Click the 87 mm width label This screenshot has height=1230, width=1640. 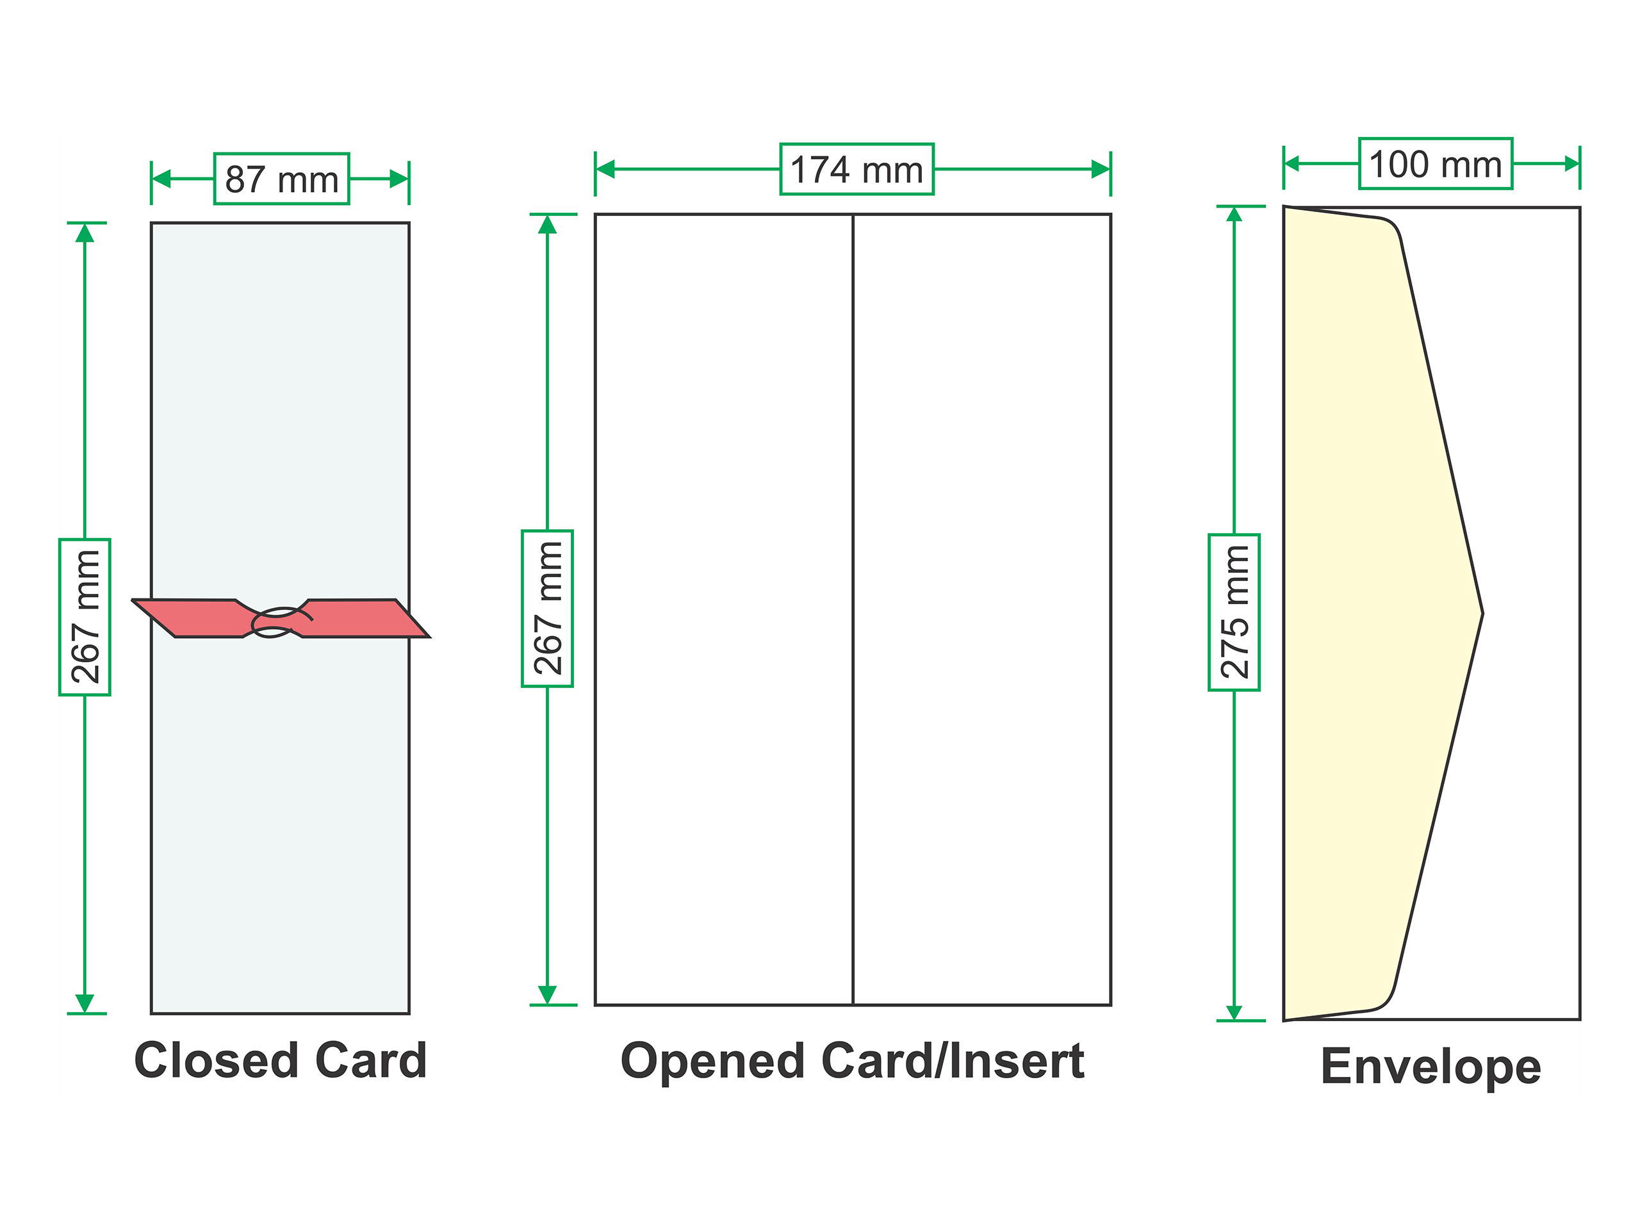pyautogui.click(x=282, y=179)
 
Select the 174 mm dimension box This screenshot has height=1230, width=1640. pyautogui.click(x=857, y=169)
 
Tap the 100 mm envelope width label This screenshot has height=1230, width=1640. pyautogui.click(x=1436, y=163)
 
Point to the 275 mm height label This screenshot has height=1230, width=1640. pyautogui.click(x=1234, y=612)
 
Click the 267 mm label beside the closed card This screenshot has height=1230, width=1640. pyautogui.click(x=85, y=617)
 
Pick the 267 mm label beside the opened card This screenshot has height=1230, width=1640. pyautogui.click(x=547, y=608)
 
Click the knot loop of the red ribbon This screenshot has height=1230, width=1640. pyautogui.click(x=276, y=622)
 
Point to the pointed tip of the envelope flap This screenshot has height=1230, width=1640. pyautogui.click(x=1482, y=613)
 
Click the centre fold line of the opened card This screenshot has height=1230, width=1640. pyautogui.click(x=853, y=609)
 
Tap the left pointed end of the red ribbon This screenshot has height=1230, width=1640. pyautogui.click(x=133, y=600)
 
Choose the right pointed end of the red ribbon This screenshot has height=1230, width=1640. pyautogui.click(x=429, y=636)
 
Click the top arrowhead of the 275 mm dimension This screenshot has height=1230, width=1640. pyautogui.click(x=1234, y=214)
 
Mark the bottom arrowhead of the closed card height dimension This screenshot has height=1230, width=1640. pyautogui.click(x=85, y=1003)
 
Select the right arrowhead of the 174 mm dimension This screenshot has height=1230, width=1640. pyautogui.click(x=1101, y=169)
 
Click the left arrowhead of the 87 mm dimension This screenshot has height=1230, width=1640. pyautogui.click(x=161, y=179)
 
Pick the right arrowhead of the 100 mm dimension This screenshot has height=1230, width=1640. pyautogui.click(x=1572, y=163)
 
